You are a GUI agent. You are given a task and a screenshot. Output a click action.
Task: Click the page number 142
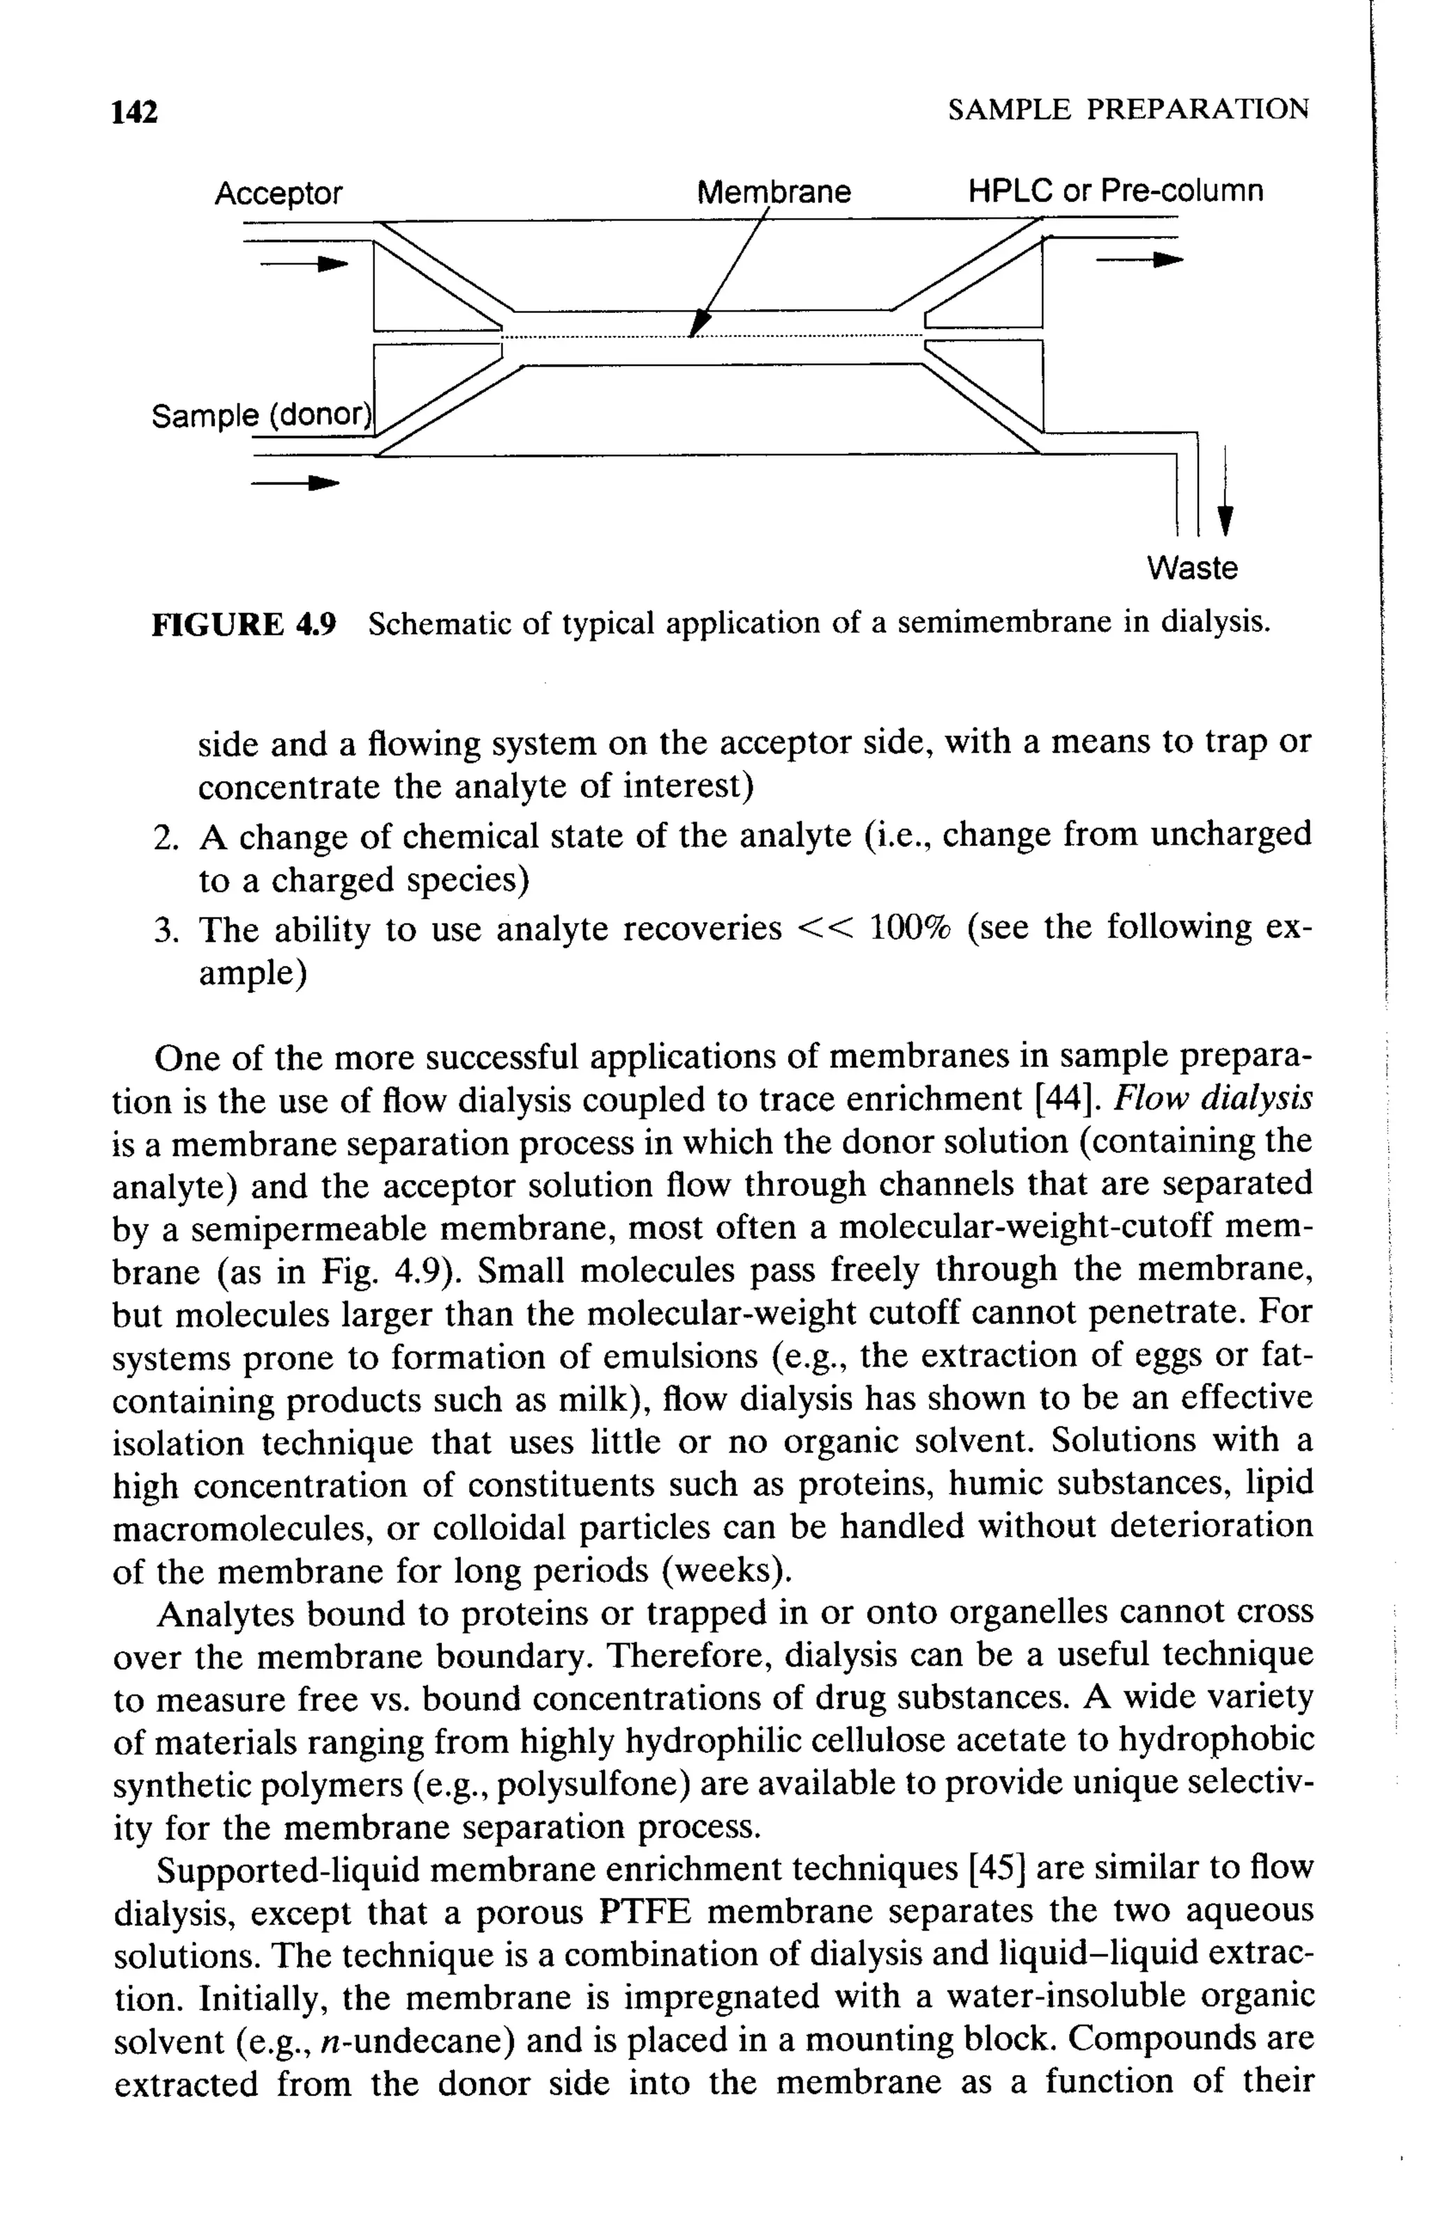(x=135, y=112)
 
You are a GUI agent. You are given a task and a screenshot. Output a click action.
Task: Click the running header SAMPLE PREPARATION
(x=1128, y=110)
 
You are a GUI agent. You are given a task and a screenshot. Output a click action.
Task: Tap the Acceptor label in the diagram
(x=279, y=194)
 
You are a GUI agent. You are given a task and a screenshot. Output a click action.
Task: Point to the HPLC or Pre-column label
(x=1115, y=191)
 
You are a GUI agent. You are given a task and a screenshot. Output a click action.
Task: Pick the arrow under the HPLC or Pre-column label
(x=1140, y=260)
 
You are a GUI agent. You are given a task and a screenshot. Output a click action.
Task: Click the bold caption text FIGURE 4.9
(x=244, y=623)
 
